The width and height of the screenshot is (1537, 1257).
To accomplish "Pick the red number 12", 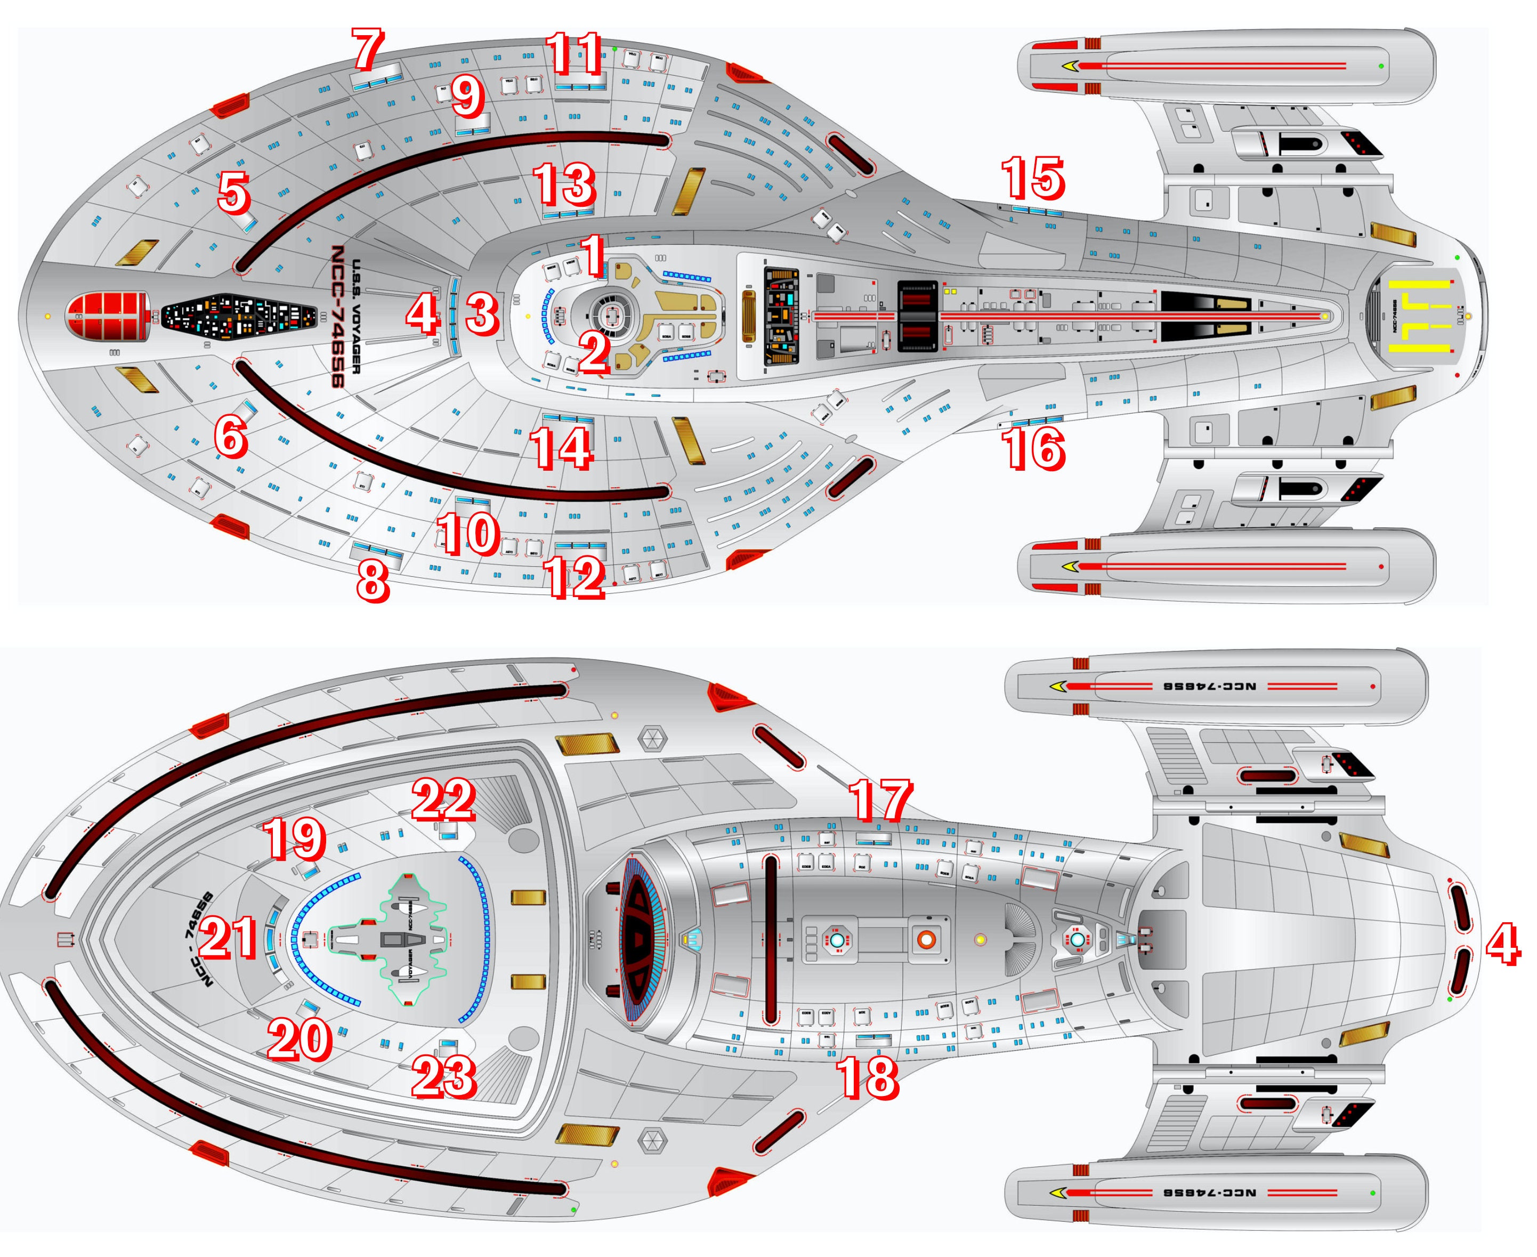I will click(x=576, y=577).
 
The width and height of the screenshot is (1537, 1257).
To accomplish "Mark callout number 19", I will click(x=295, y=838).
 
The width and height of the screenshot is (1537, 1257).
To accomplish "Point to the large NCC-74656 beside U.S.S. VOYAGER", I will click(x=337, y=317).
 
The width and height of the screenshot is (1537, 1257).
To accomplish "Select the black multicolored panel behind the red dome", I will click(x=238, y=317).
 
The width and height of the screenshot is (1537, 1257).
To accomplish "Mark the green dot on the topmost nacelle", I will click(x=1381, y=66).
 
